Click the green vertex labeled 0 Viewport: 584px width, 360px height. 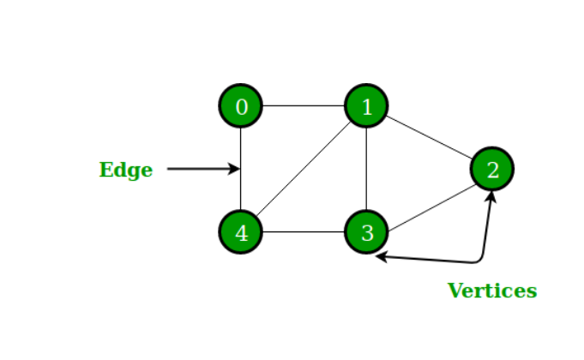click(x=241, y=106)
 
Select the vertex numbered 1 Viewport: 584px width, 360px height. click(x=367, y=106)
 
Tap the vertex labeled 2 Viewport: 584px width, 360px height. click(x=492, y=170)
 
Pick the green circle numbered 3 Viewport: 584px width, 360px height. click(x=367, y=232)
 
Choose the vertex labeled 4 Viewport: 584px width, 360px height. click(x=241, y=232)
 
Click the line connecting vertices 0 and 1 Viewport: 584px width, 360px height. click(x=304, y=106)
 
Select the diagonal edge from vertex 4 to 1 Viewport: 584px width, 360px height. click(x=304, y=170)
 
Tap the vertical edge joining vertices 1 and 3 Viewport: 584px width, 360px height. click(x=367, y=170)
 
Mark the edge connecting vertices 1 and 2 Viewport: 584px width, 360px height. click(x=429, y=137)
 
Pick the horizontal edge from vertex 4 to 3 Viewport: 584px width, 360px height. click(x=304, y=232)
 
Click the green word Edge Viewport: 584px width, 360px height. click(x=126, y=170)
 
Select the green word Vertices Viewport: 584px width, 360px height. click(x=492, y=291)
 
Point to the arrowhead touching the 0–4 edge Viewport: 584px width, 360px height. click(x=233, y=169)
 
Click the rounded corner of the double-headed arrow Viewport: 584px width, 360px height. click(x=480, y=260)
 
